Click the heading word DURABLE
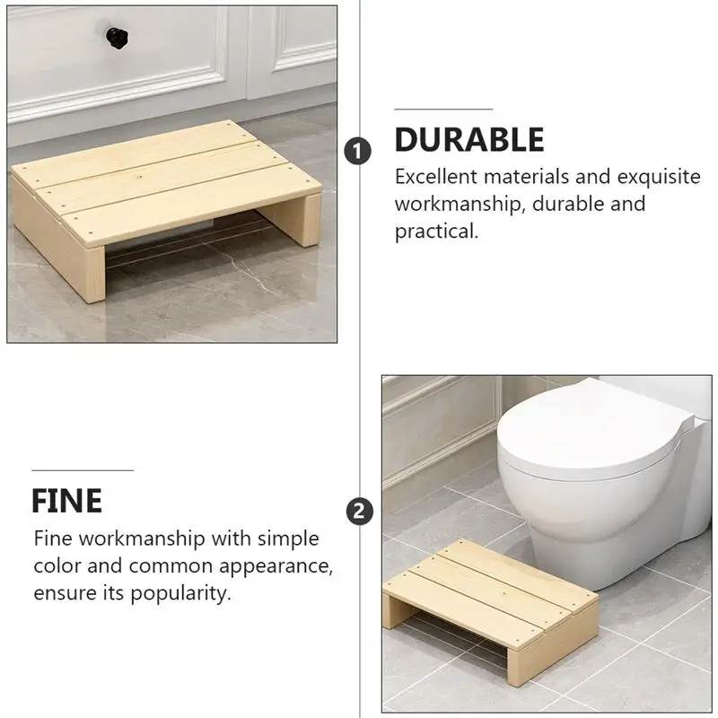point(469,140)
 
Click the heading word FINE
point(67,500)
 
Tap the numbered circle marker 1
point(358,151)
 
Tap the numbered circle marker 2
point(359,512)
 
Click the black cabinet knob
point(116,37)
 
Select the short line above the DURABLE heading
point(443,109)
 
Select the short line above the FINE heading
point(83,469)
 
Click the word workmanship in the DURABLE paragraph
point(458,204)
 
